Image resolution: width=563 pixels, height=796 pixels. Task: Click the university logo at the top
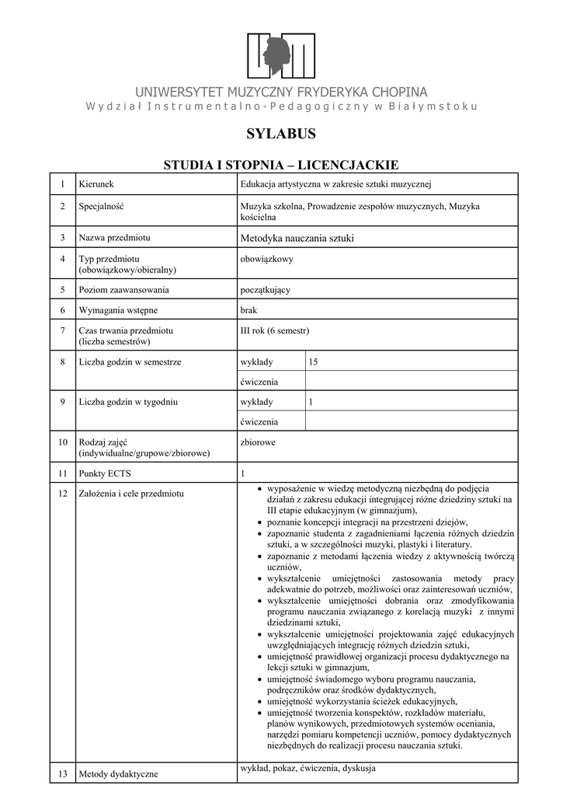tap(281, 55)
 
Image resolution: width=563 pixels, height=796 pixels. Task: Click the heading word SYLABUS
tap(281, 134)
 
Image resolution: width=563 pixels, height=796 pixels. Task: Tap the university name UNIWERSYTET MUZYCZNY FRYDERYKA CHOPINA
tap(281, 92)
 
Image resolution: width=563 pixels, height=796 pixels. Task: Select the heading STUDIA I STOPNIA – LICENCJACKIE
tap(281, 165)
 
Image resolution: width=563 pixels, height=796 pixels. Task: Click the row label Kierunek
tap(96, 184)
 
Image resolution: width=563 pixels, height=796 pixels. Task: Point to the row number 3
tap(61, 237)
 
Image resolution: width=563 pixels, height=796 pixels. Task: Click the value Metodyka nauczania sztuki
tap(297, 237)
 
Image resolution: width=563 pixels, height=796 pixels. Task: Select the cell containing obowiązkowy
tap(267, 259)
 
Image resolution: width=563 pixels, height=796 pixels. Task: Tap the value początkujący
tap(266, 290)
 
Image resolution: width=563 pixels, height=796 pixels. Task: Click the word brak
tap(248, 310)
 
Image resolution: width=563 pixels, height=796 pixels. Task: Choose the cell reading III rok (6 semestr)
tap(275, 331)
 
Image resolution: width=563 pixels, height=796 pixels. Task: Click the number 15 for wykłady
tap(313, 362)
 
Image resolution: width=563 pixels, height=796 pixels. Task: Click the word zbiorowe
tap(259, 442)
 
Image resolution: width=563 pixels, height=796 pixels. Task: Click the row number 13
tap(61, 773)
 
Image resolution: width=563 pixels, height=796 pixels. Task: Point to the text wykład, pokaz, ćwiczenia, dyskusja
tap(308, 769)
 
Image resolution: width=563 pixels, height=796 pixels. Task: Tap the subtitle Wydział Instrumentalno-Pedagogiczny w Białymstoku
tap(281, 106)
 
